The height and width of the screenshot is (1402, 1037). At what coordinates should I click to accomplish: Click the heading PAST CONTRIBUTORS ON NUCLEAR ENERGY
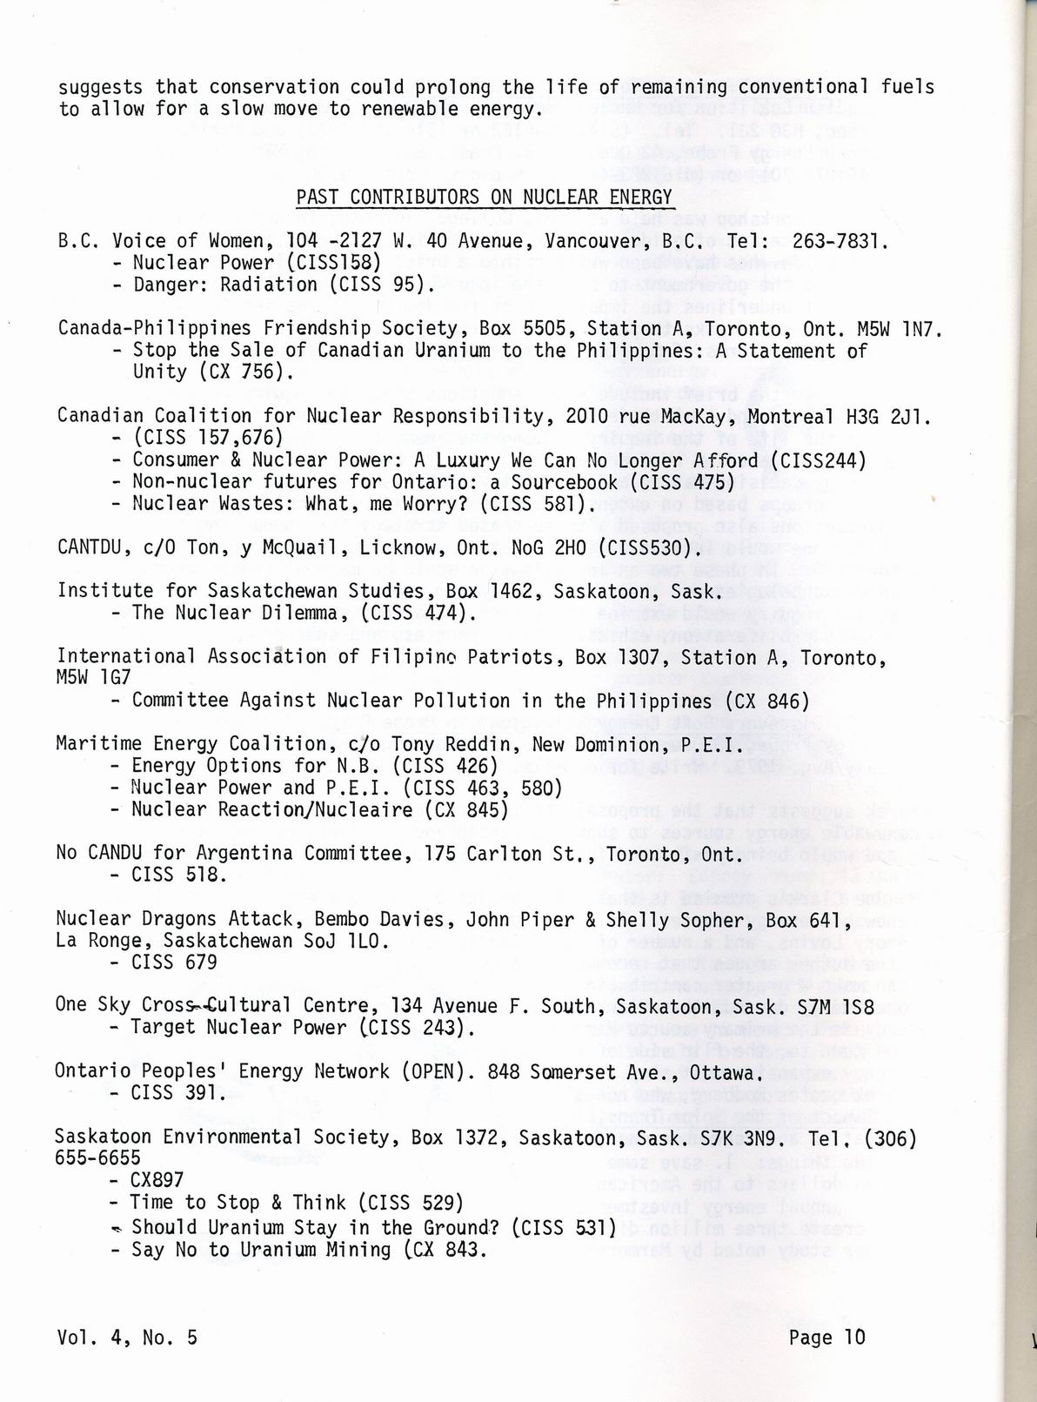pyautogui.click(x=484, y=197)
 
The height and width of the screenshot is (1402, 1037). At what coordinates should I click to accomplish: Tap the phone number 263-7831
pyautogui.click(x=840, y=241)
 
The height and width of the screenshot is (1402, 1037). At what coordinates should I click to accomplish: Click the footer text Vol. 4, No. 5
pyautogui.click(x=127, y=1337)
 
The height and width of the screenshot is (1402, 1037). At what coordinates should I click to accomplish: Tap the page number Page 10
pyautogui.click(x=826, y=1337)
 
